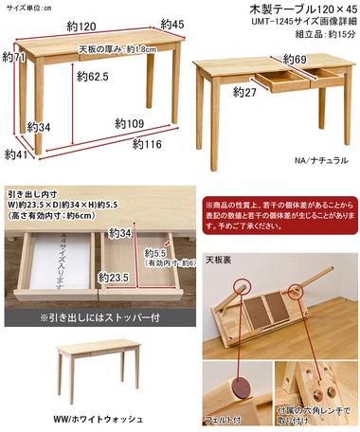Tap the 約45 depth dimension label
[171, 24]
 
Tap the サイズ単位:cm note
[27, 7]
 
